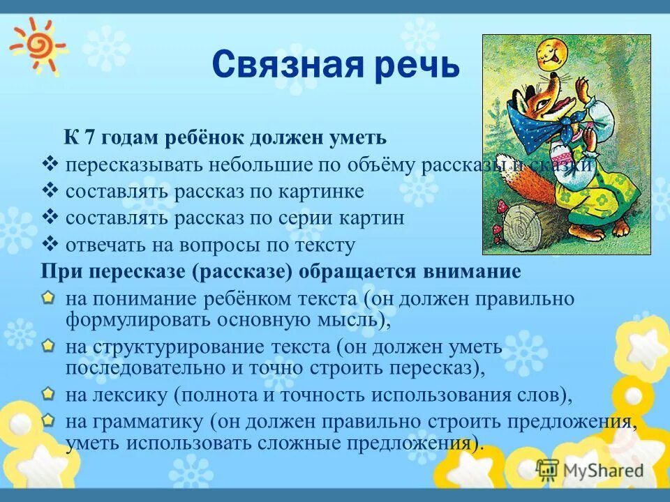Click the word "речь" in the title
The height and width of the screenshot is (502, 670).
tap(417, 68)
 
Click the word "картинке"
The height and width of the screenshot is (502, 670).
tap(323, 192)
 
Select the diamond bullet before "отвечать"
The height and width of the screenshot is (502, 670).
tap(49, 244)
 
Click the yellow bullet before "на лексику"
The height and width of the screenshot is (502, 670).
tap(47, 394)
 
